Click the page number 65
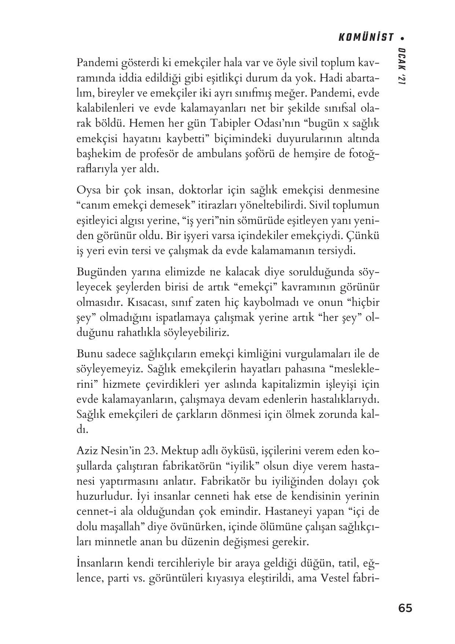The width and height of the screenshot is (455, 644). [x=405, y=608]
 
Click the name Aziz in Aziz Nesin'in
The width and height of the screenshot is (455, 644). [x=86, y=450]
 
